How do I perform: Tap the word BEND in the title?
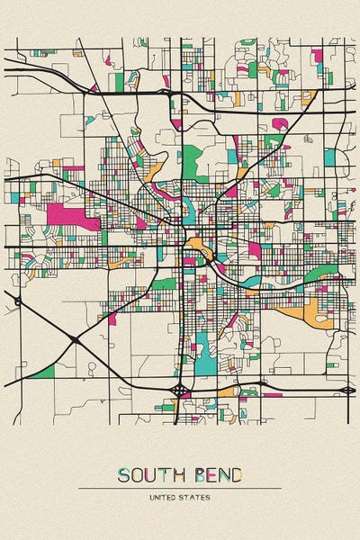[216, 474]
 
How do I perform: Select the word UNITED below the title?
[165, 497]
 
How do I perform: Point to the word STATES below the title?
[197, 497]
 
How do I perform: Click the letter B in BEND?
[197, 474]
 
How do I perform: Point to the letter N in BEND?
[222, 474]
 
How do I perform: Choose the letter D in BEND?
[236, 474]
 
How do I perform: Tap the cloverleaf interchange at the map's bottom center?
[180, 390]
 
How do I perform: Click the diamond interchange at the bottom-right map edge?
[347, 390]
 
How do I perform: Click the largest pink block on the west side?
[67, 216]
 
